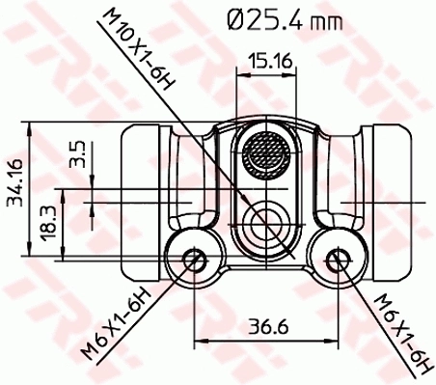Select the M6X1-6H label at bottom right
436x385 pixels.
[x=396, y=328]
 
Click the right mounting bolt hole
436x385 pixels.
[x=337, y=259]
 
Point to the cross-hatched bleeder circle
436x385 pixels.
[x=266, y=153]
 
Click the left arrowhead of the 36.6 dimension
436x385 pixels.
[x=200, y=340]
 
